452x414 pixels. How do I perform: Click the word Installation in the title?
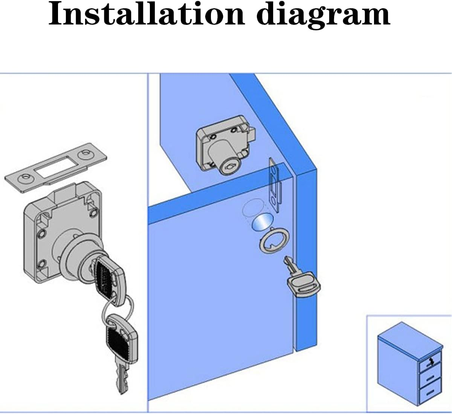click(x=147, y=14)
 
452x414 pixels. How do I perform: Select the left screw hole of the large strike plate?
click(x=26, y=177)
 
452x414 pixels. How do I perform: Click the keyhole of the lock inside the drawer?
click(x=229, y=165)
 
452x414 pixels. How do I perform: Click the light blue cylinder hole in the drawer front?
click(x=262, y=223)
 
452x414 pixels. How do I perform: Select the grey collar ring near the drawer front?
click(x=273, y=241)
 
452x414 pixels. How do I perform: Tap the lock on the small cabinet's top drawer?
click(x=431, y=363)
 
